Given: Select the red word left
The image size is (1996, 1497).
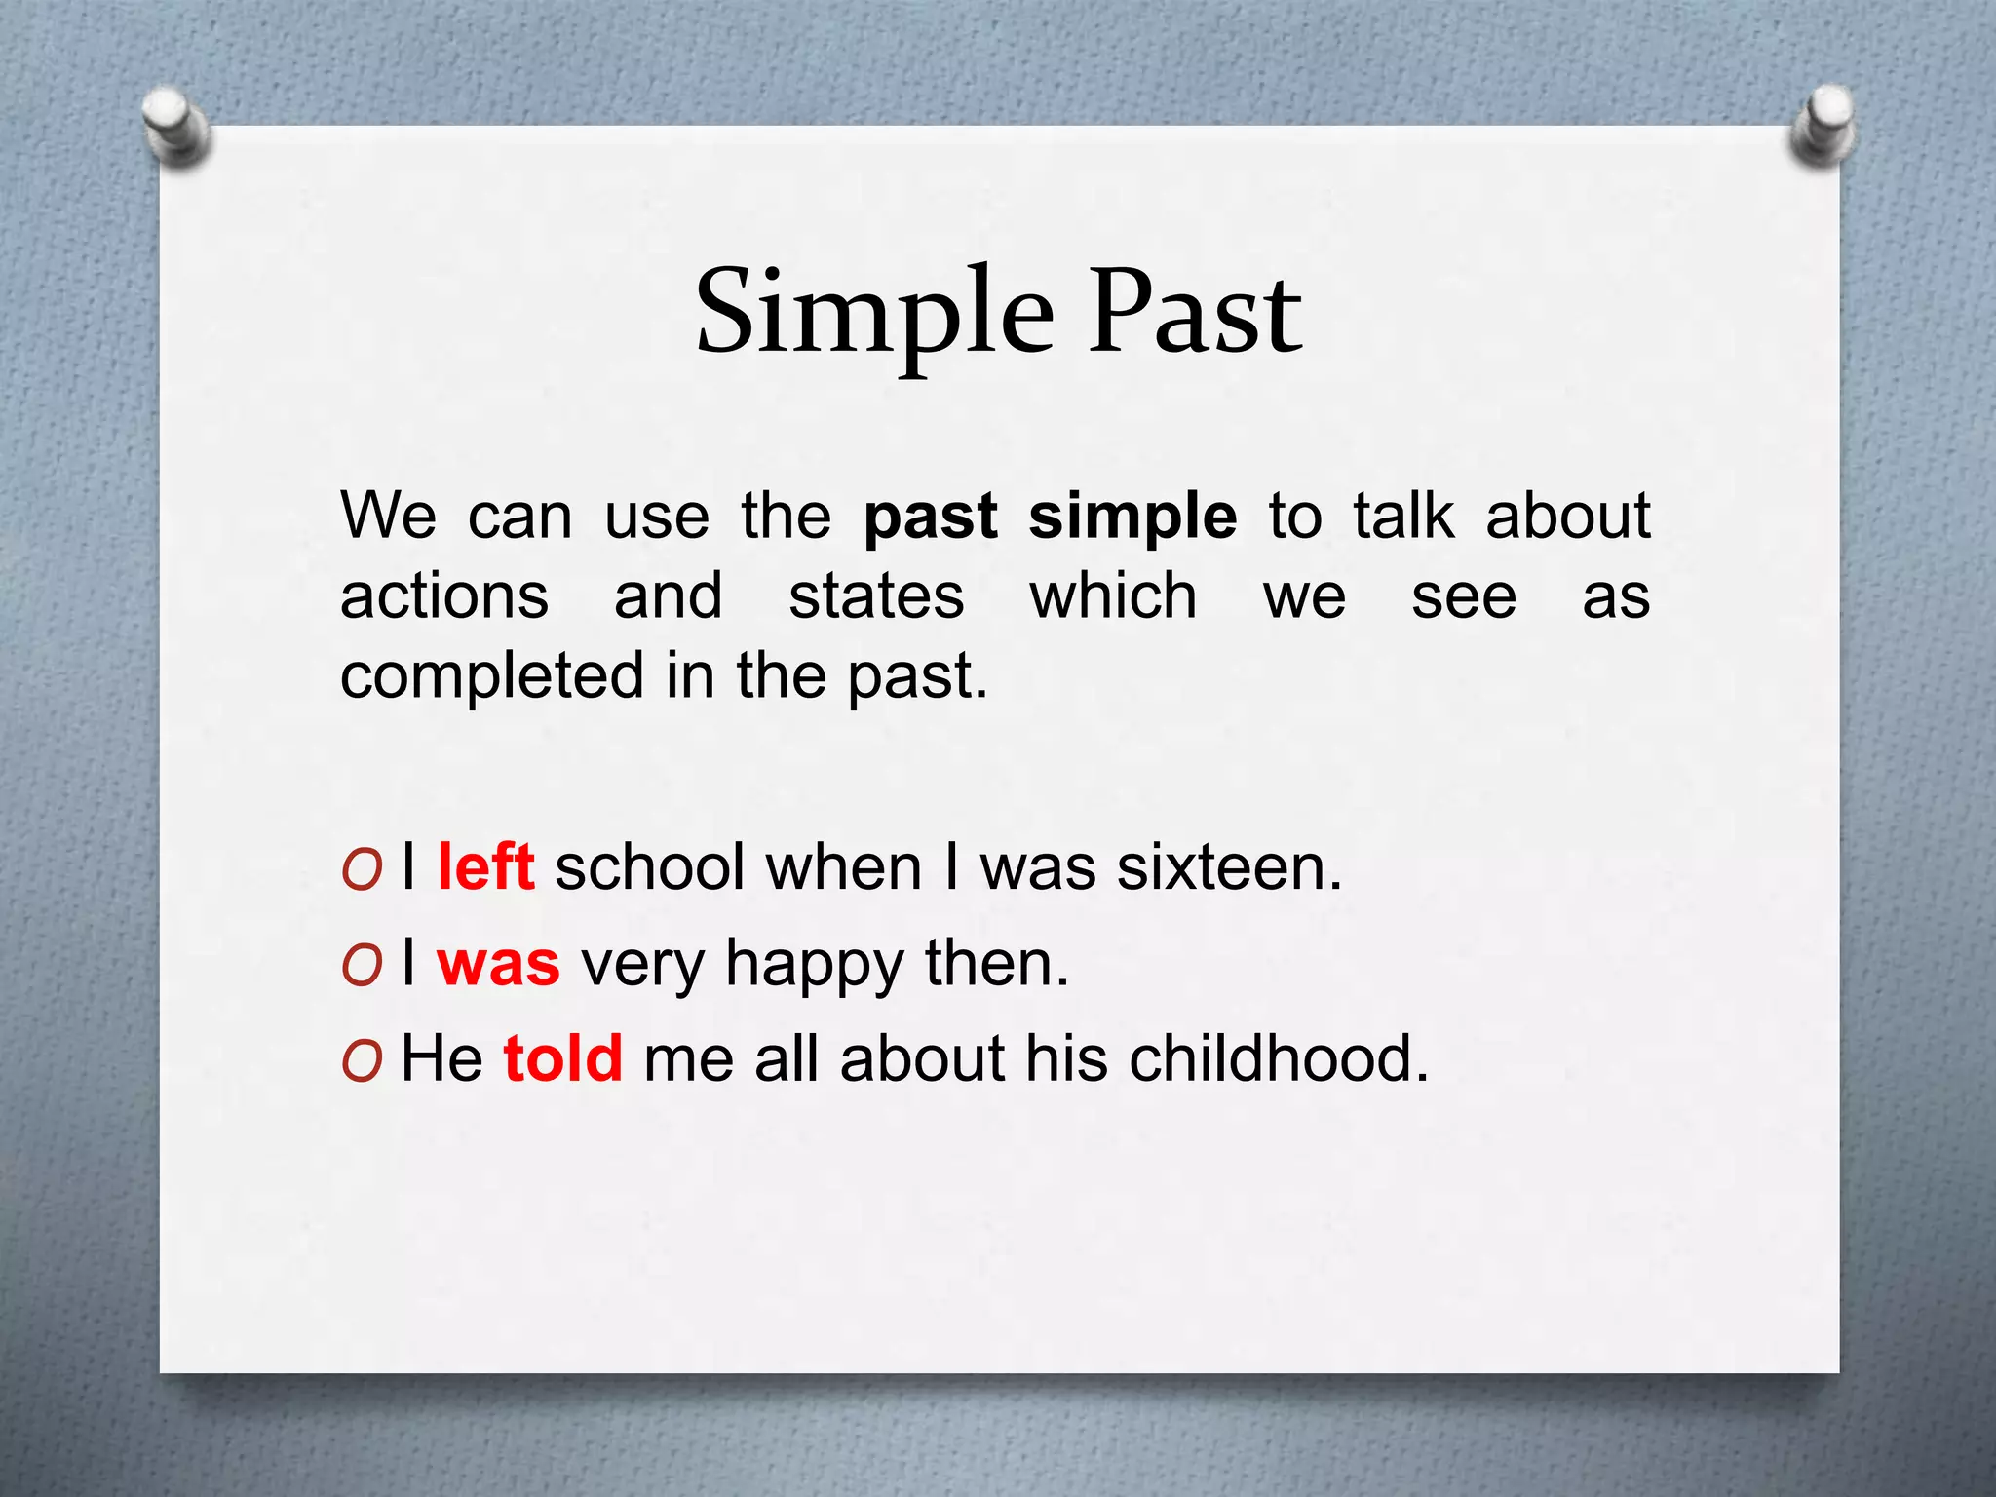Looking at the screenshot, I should [485, 866].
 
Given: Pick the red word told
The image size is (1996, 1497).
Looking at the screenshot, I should [562, 1058].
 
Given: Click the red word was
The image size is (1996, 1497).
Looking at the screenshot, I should [498, 963].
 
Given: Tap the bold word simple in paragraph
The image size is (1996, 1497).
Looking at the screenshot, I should [1132, 518].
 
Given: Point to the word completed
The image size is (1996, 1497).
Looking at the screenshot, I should [492, 676].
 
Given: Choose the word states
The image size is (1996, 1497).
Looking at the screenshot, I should [876, 596].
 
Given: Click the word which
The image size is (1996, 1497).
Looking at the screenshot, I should [1113, 596].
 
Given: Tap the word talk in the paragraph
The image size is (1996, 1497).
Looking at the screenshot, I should [1403, 516].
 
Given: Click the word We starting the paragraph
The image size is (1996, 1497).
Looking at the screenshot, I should [388, 516].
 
